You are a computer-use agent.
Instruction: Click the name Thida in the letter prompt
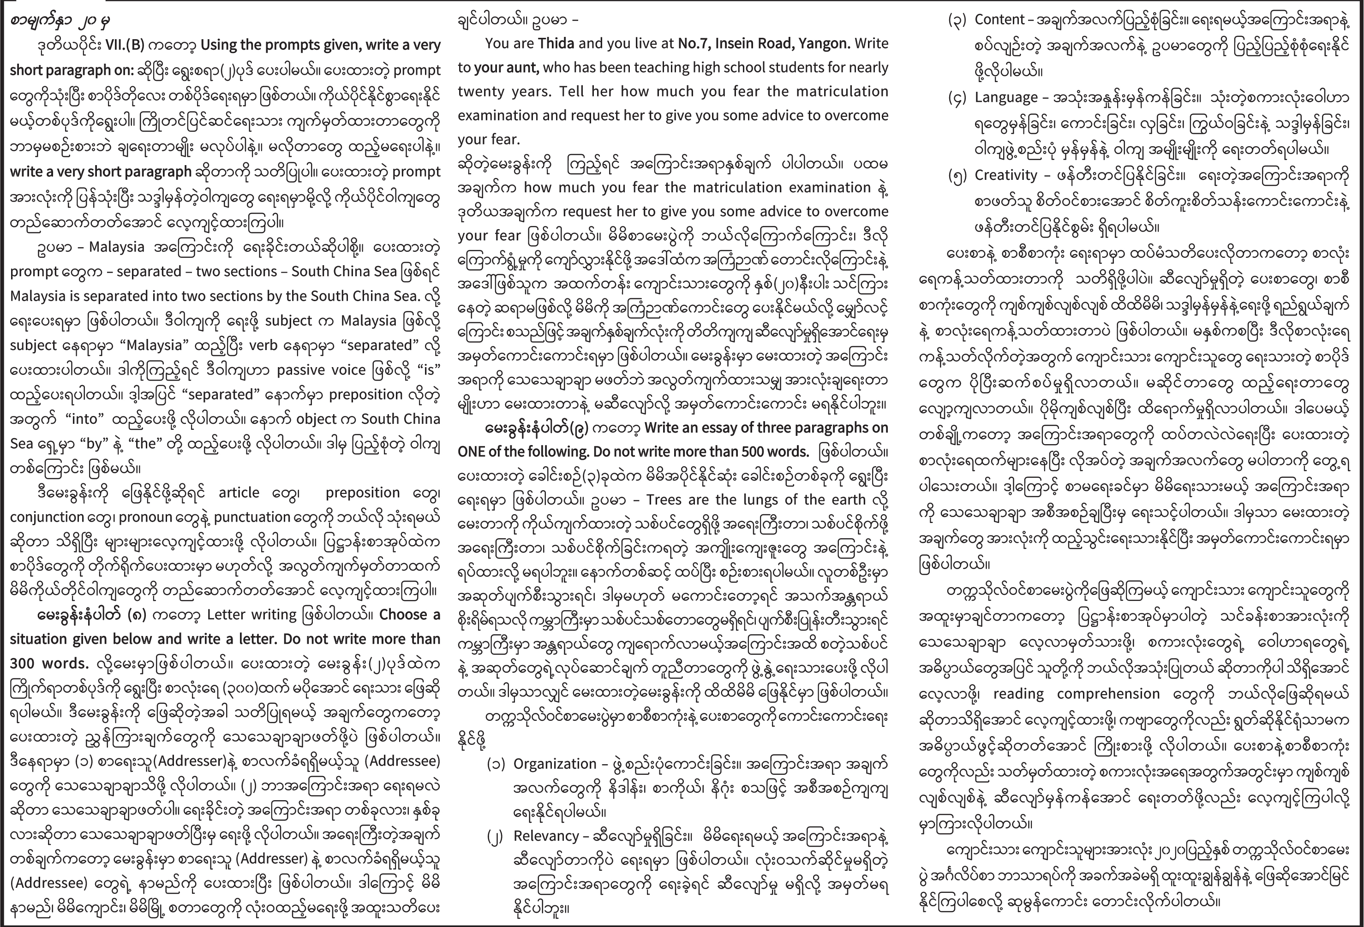pyautogui.click(x=557, y=43)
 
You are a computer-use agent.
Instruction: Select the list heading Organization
pyautogui.click(x=554, y=764)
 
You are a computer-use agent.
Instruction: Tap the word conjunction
pyautogui.click(x=47, y=517)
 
